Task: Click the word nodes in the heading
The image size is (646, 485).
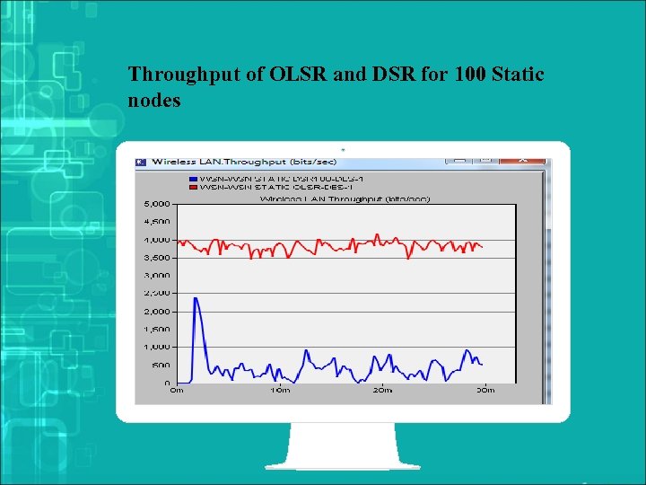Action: [154, 100]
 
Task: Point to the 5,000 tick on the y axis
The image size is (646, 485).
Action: [157, 205]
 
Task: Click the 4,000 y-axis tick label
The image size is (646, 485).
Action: [157, 241]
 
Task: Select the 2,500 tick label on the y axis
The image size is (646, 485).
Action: [157, 294]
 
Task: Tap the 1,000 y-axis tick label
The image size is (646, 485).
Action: [157, 348]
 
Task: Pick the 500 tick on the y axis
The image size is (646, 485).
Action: [161, 366]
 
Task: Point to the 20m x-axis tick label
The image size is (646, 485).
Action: [382, 391]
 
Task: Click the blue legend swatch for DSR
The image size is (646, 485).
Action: [193, 179]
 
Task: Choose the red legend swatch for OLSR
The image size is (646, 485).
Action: [193, 187]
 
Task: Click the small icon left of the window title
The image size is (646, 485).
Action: [141, 163]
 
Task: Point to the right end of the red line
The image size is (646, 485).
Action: [483, 247]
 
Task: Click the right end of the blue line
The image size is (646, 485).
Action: [483, 364]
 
